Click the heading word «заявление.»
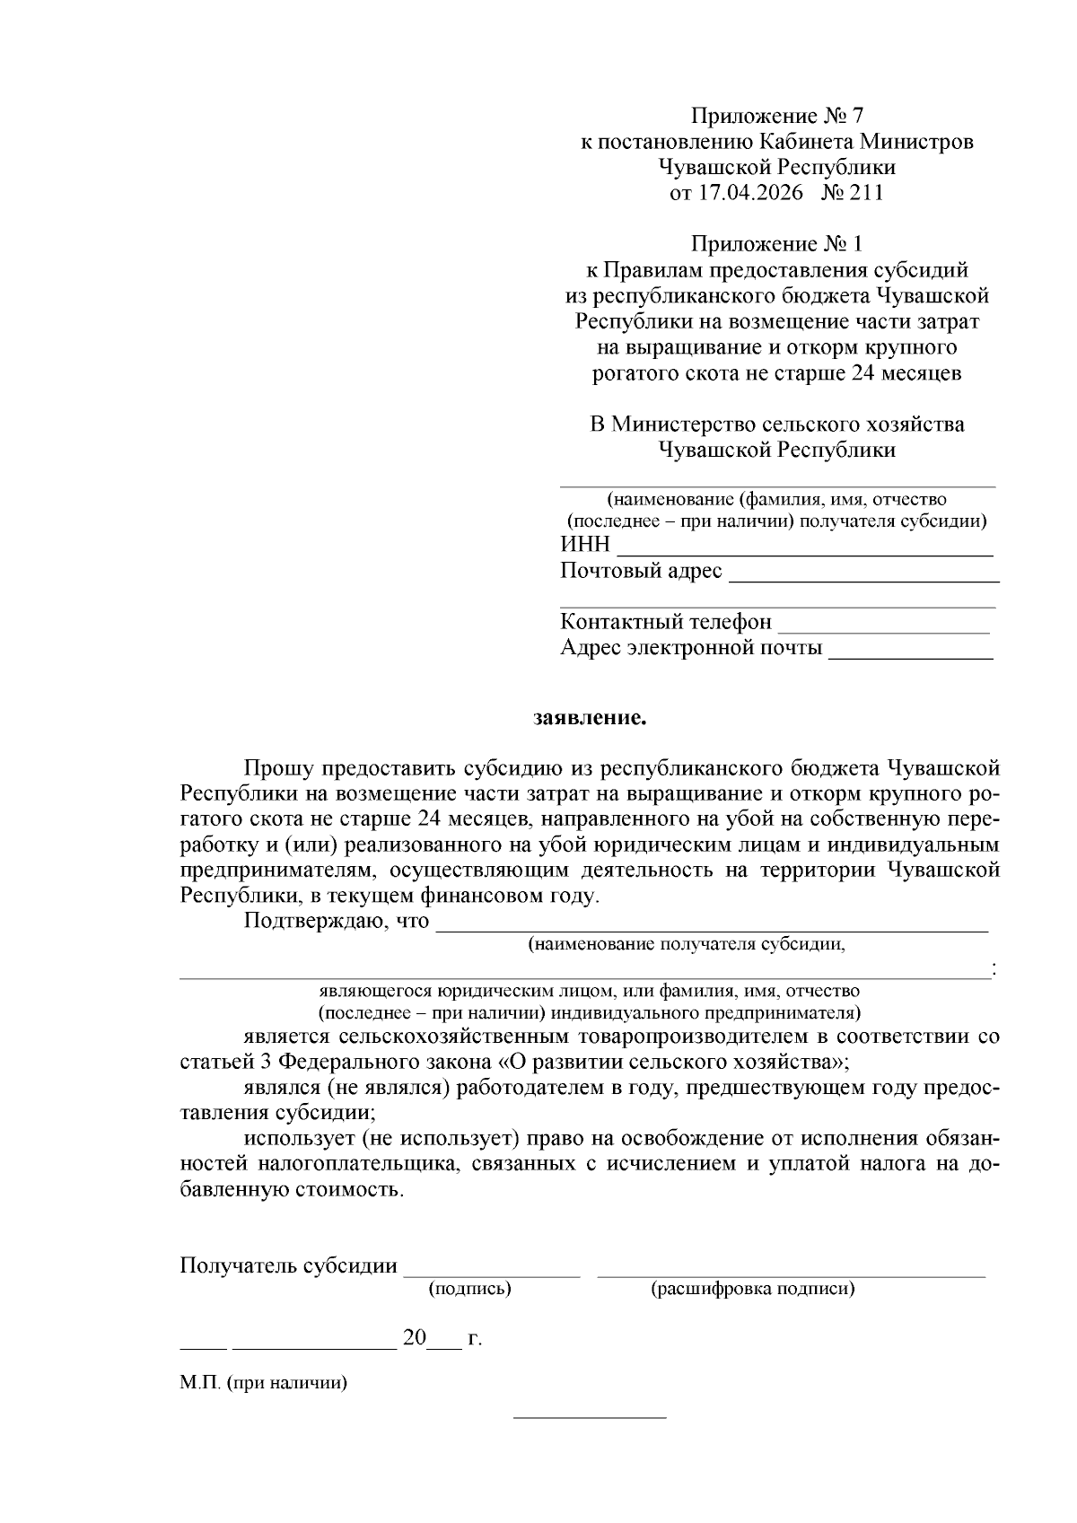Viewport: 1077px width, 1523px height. (590, 718)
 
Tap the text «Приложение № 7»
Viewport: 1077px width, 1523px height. (776, 116)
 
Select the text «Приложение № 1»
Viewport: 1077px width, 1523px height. (776, 244)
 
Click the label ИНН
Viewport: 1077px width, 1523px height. (585, 545)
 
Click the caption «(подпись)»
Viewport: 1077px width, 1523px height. (470, 1290)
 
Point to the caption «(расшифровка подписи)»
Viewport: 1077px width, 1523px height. (752, 1290)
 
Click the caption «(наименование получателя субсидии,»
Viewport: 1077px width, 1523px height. (687, 944)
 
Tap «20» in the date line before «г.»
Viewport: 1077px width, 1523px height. (414, 1338)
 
